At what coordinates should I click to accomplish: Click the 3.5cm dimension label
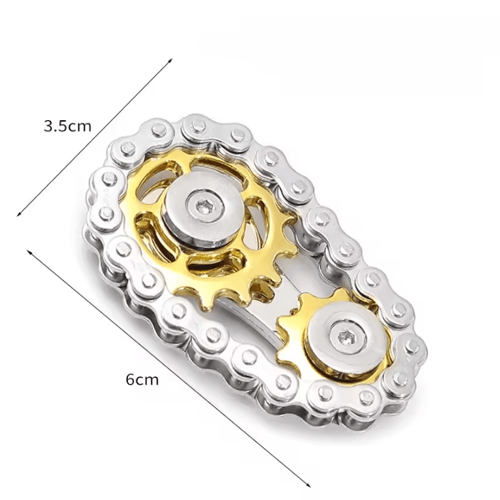pos(68,127)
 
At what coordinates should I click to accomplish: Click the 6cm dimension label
pos(142,380)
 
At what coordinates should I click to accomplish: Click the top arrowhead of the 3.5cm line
pos(171,60)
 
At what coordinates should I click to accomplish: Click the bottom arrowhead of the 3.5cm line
pos(18,214)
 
